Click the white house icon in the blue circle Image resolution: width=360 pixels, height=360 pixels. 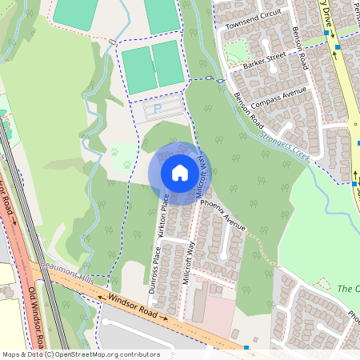pos(180,173)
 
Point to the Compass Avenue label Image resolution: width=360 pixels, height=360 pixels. pos(279,98)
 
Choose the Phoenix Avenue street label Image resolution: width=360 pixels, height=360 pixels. pos(223,216)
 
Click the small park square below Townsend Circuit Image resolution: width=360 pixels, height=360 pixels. pos(238,53)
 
